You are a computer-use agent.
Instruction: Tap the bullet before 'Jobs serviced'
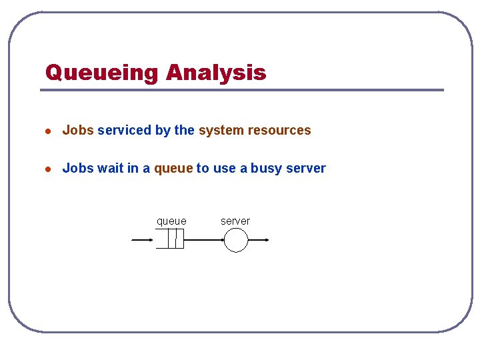click(x=47, y=131)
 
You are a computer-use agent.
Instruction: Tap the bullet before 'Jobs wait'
click(x=47, y=169)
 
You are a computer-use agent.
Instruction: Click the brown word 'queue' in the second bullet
click(x=173, y=169)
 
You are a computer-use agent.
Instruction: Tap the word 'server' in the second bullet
click(x=306, y=169)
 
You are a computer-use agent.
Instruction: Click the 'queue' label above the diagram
click(x=171, y=221)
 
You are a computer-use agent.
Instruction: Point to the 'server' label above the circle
click(x=235, y=221)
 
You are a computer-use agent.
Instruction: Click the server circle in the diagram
click(x=236, y=240)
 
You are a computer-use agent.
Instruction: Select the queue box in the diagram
click(x=170, y=239)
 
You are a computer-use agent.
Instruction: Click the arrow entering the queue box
click(x=143, y=239)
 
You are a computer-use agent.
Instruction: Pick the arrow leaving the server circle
click(x=259, y=239)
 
